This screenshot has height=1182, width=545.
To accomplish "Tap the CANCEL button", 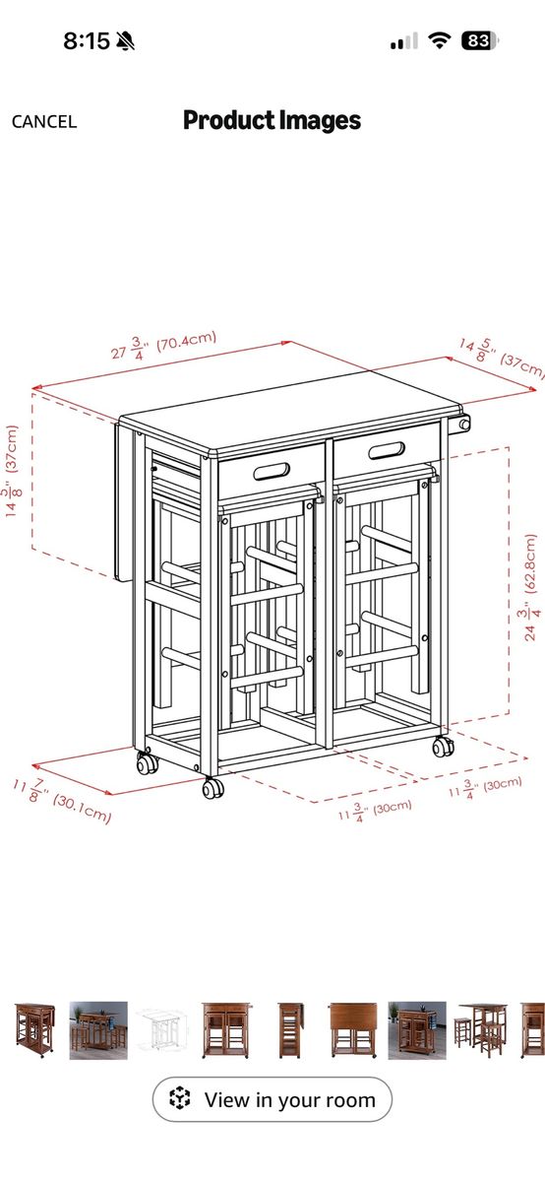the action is click(44, 122).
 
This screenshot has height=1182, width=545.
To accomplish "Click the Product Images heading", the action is click(272, 121).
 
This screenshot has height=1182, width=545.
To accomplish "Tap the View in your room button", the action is click(272, 1099).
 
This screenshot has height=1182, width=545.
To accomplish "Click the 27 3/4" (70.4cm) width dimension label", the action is click(164, 345).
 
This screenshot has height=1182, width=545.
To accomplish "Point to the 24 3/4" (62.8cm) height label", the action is click(529, 587).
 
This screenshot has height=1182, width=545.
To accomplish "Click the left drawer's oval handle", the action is click(272, 471).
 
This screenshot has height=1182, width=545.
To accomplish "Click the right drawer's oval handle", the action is click(387, 450).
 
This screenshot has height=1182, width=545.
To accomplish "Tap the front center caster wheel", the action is click(212, 788).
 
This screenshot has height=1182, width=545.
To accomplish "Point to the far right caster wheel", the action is click(444, 747).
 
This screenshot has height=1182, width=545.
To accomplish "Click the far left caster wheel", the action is click(147, 763).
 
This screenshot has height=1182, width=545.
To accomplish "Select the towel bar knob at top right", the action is click(463, 424).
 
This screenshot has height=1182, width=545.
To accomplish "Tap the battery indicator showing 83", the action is click(479, 40).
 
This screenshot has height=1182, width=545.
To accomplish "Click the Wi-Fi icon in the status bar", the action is click(439, 40).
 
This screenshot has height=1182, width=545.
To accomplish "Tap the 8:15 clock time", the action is click(87, 40).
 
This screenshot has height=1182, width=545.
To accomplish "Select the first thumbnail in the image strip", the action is click(34, 1031).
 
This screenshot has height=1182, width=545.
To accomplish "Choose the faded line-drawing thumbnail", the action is click(159, 1031).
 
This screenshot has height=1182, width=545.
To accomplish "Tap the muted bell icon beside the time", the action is click(125, 40).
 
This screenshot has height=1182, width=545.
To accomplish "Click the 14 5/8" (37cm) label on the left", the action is click(12, 471).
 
